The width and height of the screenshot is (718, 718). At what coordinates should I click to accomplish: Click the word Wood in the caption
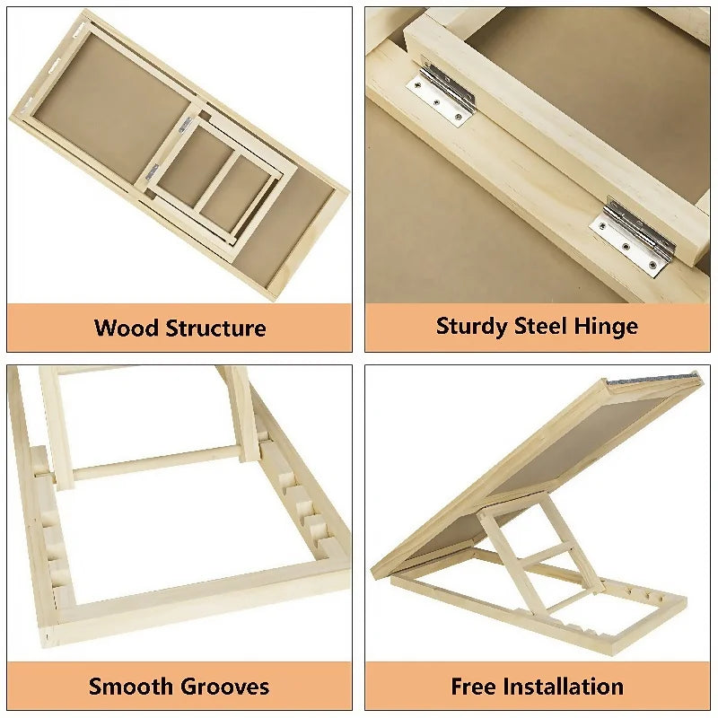point(127,328)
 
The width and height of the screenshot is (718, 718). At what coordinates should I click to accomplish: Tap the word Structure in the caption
point(215,328)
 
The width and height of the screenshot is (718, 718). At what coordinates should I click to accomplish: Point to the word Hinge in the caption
point(608,326)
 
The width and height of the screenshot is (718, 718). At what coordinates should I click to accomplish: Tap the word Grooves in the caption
point(224,687)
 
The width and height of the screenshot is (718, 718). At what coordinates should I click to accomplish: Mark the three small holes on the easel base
point(638,592)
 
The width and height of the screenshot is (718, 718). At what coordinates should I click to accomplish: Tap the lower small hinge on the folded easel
point(152,170)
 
